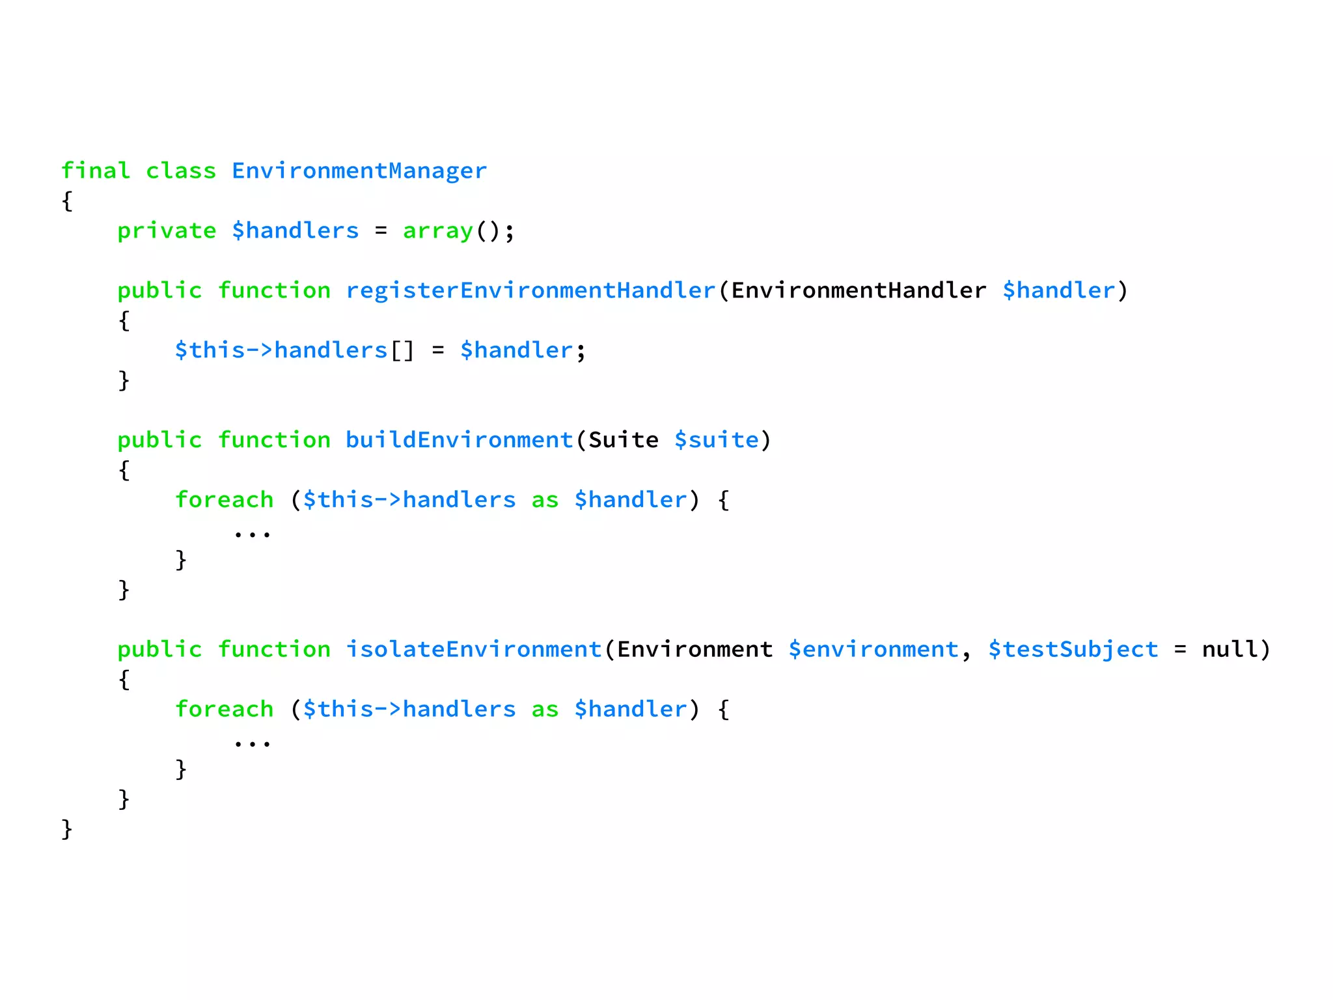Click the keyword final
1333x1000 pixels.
coord(96,171)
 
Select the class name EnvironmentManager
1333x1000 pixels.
coord(359,171)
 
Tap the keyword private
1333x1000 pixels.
coord(167,230)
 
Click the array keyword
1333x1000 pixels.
coord(438,230)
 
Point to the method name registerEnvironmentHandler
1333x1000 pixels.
coord(530,290)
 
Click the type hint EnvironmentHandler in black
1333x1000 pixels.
coord(859,290)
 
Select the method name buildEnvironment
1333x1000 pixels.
coord(459,440)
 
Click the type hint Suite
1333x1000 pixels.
coord(624,440)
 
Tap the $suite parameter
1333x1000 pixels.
coord(717,440)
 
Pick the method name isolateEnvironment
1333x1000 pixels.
coord(473,649)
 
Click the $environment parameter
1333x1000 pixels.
coord(873,649)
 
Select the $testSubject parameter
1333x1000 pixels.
coord(1073,649)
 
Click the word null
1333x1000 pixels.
coord(1230,649)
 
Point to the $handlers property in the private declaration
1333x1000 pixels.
coord(295,230)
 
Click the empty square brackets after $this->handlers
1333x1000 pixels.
coord(402,351)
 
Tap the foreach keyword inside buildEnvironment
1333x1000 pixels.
coord(225,500)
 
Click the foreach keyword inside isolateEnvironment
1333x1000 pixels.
coord(225,709)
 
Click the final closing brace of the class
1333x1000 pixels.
coord(67,829)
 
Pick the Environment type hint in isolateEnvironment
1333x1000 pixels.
coord(694,649)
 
